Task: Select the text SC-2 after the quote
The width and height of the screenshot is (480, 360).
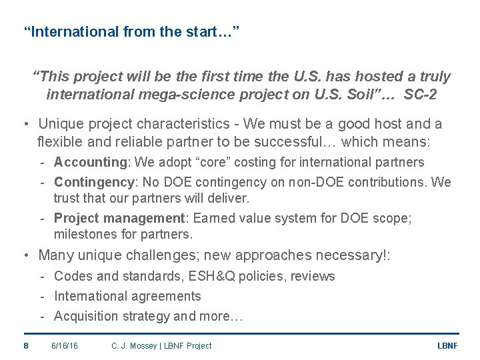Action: click(x=421, y=95)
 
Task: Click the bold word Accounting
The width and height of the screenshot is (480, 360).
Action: click(x=89, y=162)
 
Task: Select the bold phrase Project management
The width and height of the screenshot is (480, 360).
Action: click(x=119, y=218)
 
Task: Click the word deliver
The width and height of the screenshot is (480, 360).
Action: click(x=229, y=198)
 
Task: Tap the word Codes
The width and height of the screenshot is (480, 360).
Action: click(x=71, y=276)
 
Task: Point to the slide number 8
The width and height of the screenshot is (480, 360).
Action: click(x=25, y=345)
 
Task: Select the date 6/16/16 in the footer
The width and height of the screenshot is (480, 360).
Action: click(x=65, y=345)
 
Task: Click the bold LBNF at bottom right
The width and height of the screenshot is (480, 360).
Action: click(x=447, y=345)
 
